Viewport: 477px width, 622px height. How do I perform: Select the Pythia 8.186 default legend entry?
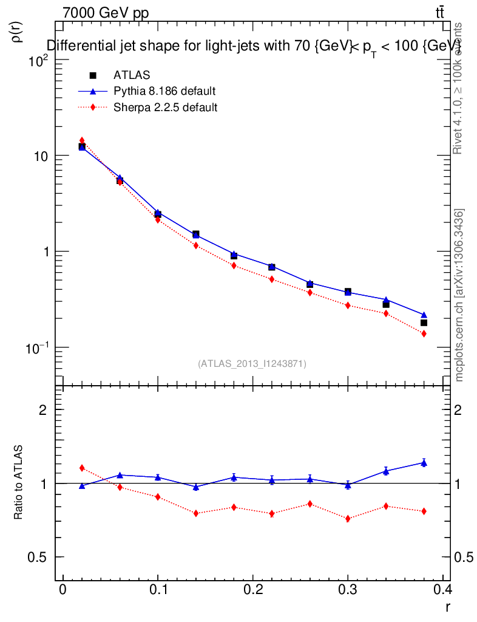(164, 92)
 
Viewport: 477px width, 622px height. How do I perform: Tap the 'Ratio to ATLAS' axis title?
(19, 484)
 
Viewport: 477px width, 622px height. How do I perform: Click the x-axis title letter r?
(448, 607)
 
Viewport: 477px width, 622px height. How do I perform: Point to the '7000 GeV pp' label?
(106, 13)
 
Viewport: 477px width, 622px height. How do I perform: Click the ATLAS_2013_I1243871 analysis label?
(252, 364)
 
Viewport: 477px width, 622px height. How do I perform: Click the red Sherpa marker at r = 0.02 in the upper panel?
(82, 140)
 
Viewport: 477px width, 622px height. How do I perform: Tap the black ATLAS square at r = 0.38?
(424, 323)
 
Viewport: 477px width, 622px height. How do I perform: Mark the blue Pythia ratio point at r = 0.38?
(424, 463)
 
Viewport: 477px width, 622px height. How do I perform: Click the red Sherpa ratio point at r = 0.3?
(348, 519)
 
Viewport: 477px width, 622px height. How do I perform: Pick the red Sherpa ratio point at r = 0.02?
(82, 468)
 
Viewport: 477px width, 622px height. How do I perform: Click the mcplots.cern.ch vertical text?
(459, 295)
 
